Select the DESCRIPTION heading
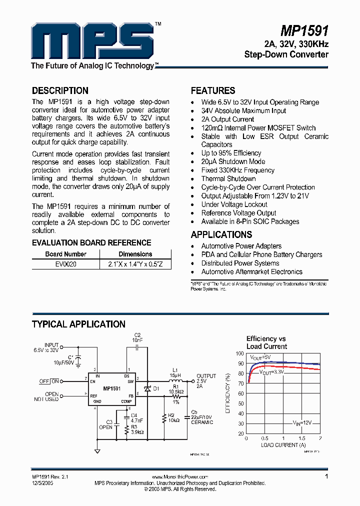point(60,91)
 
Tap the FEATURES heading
point(213,91)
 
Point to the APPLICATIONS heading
point(221,234)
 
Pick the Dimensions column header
point(135,254)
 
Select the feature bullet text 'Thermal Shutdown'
point(228,178)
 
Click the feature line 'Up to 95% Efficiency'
point(231,153)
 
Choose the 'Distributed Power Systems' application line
point(240,263)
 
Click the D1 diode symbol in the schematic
point(147,388)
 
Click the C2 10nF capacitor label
point(137,337)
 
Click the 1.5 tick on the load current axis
point(301,438)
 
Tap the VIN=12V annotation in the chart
point(302,422)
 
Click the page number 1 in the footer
point(326,476)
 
